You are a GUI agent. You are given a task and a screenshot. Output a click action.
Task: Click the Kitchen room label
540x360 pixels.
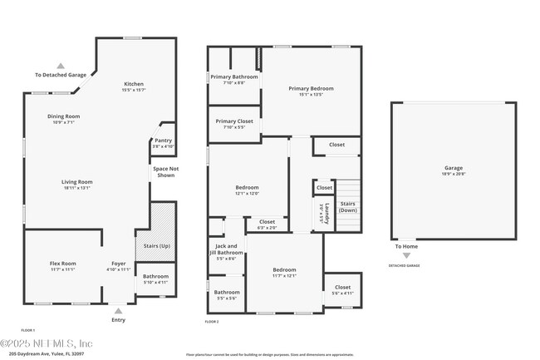134,84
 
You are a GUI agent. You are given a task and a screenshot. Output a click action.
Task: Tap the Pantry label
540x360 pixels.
163,141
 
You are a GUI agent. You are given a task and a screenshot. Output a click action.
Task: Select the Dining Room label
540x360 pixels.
63,116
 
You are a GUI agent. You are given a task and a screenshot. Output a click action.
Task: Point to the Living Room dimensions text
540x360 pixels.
76,188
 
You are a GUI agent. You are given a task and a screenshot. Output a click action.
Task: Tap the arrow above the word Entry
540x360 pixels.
119,309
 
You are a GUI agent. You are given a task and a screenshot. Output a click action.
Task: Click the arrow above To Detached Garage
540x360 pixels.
60,66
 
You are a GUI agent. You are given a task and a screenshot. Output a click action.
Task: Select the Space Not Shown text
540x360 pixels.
164,172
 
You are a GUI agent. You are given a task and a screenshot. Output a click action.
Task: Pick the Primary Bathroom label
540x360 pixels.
233,77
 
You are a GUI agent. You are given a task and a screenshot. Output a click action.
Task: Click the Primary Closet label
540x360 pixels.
233,121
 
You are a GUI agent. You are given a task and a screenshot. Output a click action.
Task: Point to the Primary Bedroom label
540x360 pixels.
311,88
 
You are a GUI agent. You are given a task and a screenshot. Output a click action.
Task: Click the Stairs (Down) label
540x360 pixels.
348,207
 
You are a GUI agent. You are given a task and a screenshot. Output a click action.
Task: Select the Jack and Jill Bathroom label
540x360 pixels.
226,249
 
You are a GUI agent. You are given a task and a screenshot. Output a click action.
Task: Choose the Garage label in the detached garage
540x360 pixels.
453,168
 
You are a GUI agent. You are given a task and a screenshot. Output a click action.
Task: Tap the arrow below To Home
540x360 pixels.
405,255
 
